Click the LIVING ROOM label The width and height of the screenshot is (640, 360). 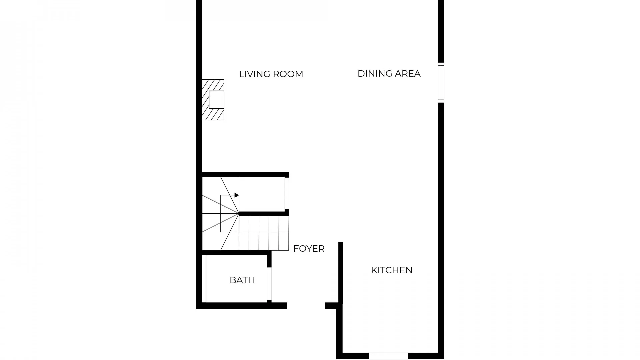[x=271, y=74]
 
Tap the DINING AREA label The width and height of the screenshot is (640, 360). [x=389, y=74]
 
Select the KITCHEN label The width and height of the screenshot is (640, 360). [x=392, y=270]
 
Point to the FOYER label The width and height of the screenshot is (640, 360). [x=309, y=249]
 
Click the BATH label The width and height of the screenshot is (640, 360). [x=242, y=280]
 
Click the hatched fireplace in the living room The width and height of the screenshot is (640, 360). [x=213, y=100]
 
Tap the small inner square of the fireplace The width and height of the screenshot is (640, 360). [x=216, y=100]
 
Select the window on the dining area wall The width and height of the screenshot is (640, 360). [x=441, y=83]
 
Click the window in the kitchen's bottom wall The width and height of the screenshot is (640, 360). [x=388, y=356]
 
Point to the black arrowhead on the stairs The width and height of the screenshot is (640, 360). [x=236, y=195]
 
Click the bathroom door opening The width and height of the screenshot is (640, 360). [x=269, y=284]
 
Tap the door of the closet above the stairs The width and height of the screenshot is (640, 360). [x=287, y=194]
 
